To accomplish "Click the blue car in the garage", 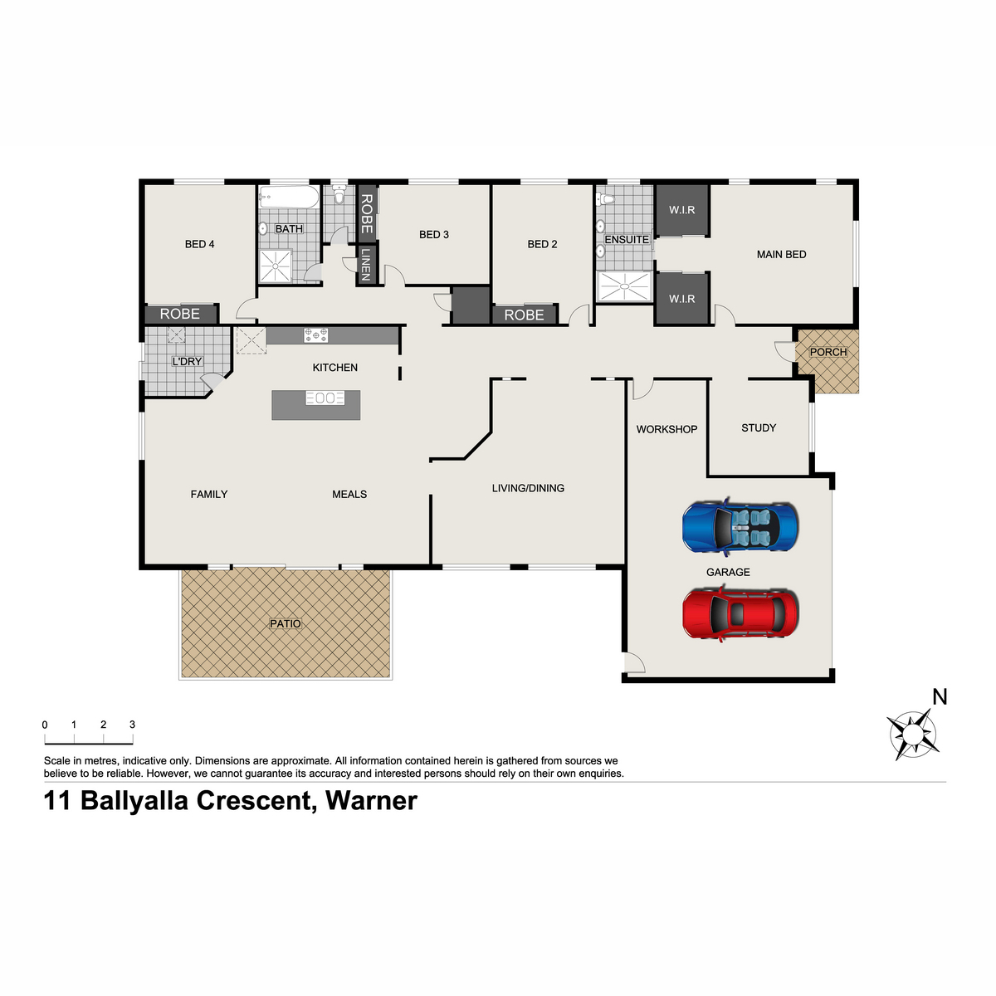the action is (740, 527).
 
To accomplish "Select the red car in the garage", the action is (740, 613).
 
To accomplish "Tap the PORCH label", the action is (828, 352).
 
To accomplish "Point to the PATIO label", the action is (285, 624).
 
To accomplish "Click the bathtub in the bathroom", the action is (289, 198).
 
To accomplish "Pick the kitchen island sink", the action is (325, 398).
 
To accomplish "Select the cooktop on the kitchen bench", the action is (315, 335).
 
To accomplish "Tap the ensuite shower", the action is (624, 286).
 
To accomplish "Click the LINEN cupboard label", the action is (366, 265).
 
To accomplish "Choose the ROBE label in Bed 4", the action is (179, 314).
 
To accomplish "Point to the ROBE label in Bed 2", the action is (524, 315).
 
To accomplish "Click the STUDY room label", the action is (759, 428).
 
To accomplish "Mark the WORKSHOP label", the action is (666, 429).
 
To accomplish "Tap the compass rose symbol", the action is (913, 734).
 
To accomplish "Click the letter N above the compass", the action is (940, 697).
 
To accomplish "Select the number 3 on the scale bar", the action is (132, 725).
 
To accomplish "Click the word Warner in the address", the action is (371, 801).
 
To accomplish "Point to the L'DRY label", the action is (187, 361).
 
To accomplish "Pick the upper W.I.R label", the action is (681, 210).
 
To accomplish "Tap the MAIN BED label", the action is (781, 254).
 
